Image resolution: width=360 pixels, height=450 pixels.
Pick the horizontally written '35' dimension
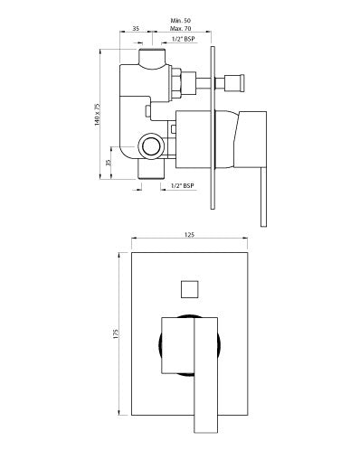[x=135, y=30]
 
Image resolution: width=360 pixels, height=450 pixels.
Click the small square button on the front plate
[x=190, y=289]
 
